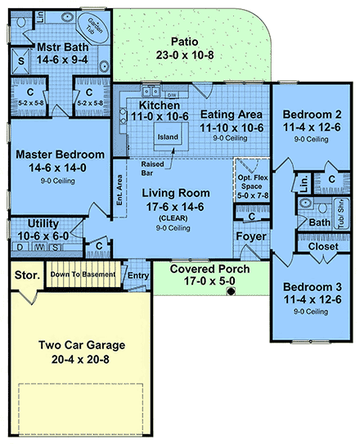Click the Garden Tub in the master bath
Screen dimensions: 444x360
95,26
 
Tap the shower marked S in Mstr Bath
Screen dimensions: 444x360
21,60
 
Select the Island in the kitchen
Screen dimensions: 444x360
168,137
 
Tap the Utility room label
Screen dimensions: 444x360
42,222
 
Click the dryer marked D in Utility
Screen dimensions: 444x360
20,246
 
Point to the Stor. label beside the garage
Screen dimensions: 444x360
26,275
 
